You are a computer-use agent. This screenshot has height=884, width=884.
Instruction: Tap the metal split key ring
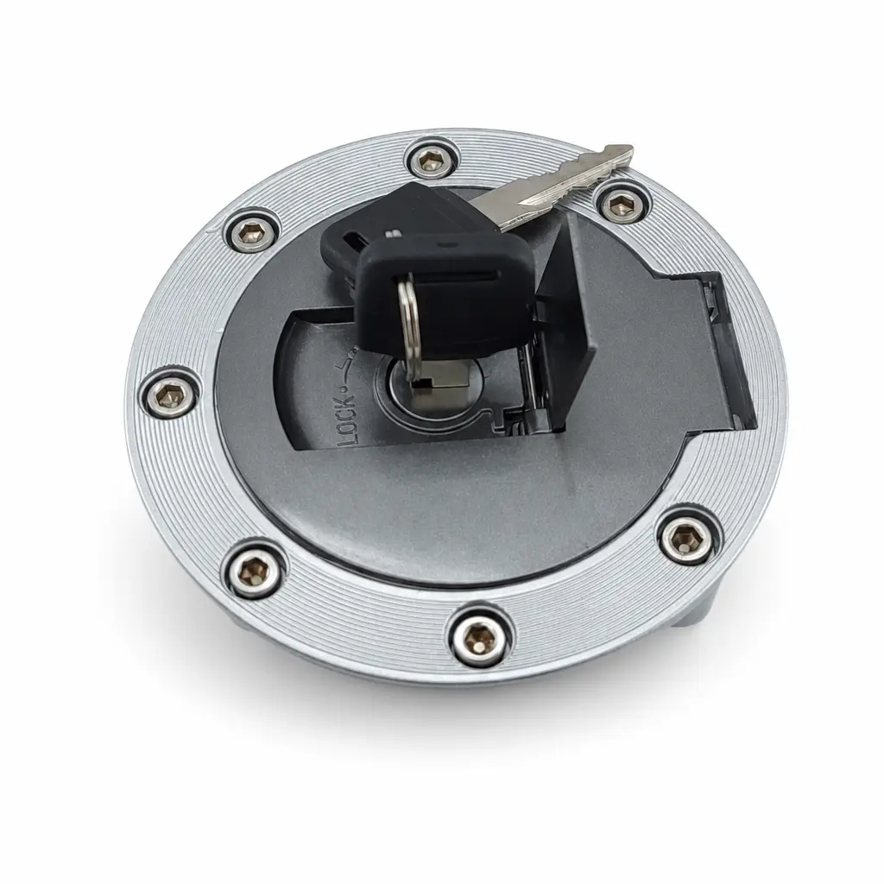[410, 327]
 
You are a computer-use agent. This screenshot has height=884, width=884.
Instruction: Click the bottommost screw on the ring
[480, 639]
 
